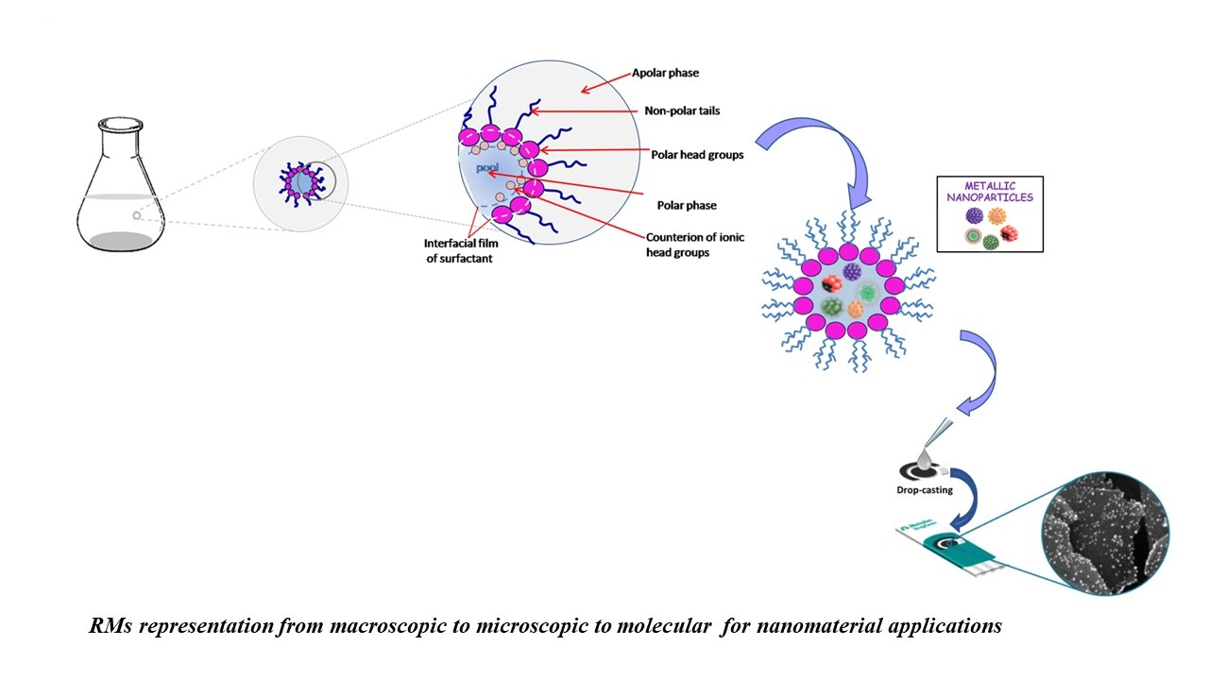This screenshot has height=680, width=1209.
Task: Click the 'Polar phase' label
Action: [x=687, y=204]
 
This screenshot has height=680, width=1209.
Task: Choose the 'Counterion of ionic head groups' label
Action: [x=694, y=244]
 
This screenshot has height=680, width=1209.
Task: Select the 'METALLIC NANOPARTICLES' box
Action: [x=990, y=213]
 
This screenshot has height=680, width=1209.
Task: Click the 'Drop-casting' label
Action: [x=926, y=490]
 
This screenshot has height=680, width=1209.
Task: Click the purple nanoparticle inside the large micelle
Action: [x=853, y=271]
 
